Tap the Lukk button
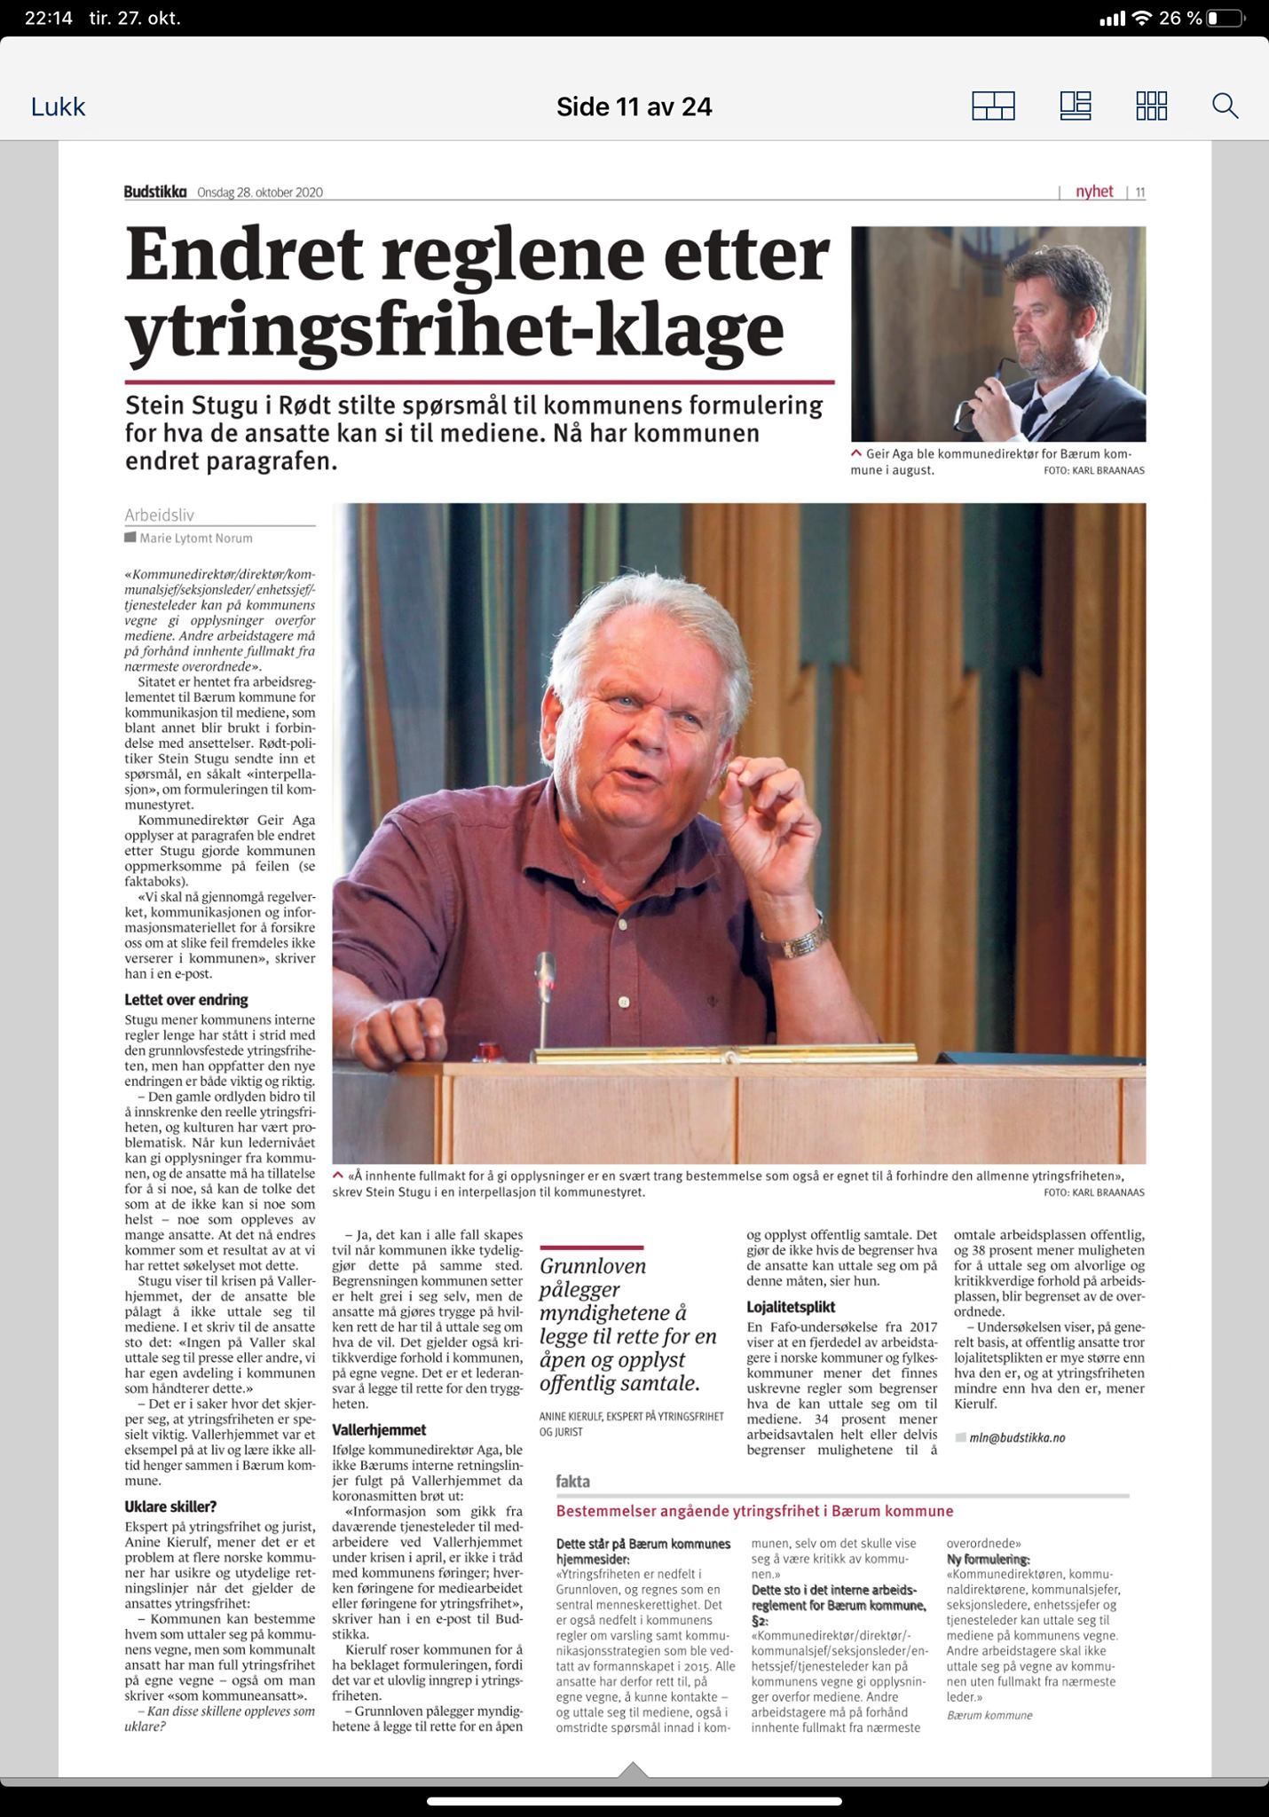pos(59,107)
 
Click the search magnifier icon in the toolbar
pos(1225,106)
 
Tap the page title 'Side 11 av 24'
pos(634,107)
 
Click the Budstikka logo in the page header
pos(155,192)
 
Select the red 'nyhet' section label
pos(1093,192)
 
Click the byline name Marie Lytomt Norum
pos(195,538)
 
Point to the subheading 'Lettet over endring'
pos(186,1000)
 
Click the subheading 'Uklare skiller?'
pos(170,1506)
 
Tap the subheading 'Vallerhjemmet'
pos(379,1429)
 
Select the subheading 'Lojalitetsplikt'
pos(791,1307)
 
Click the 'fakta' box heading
pos(572,1481)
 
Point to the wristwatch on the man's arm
pos(806,937)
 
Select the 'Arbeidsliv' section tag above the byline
pos(159,515)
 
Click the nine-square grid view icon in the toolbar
pos(1151,106)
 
